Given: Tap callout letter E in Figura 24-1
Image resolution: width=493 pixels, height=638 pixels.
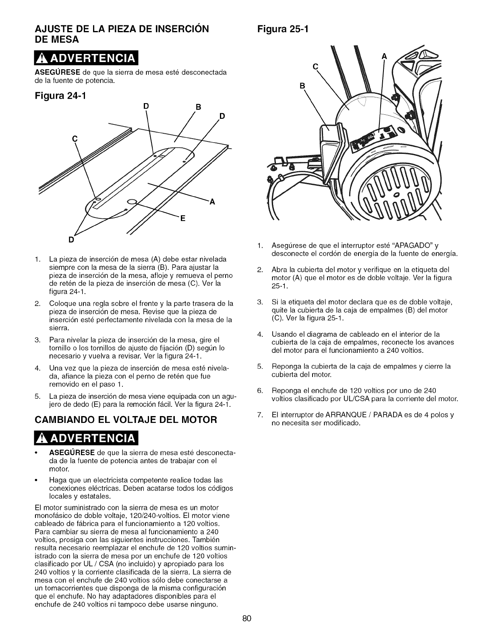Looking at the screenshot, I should pyautogui.click(x=182, y=219).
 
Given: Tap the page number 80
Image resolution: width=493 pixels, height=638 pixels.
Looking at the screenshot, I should pyautogui.click(x=247, y=619).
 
